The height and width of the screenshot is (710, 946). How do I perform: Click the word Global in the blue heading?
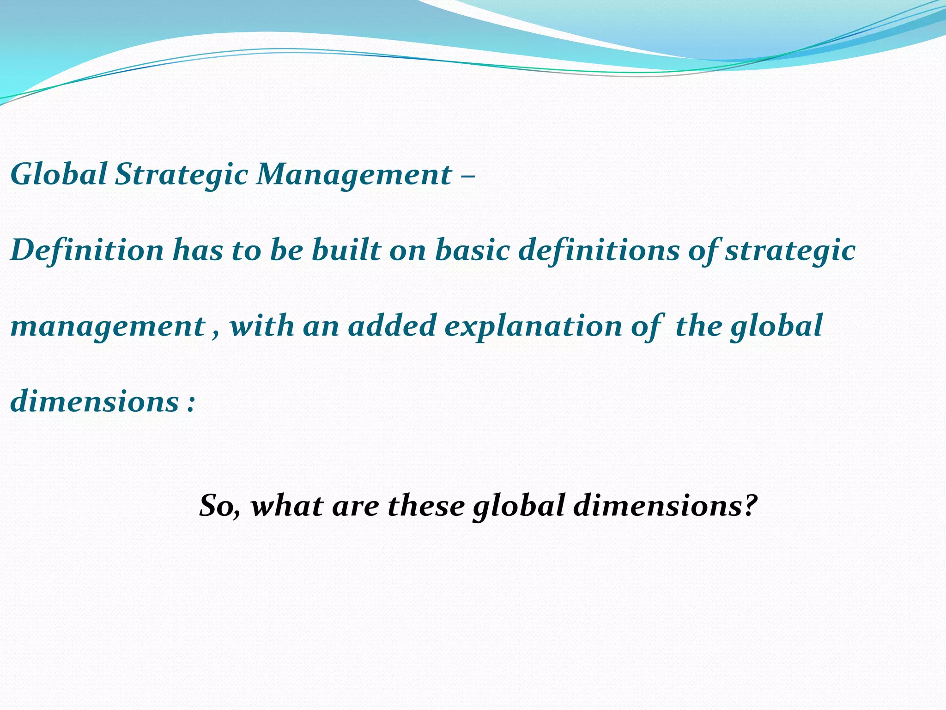(x=59, y=174)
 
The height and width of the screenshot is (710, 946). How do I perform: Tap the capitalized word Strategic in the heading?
(x=182, y=175)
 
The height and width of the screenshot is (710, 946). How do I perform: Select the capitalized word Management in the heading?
(x=354, y=175)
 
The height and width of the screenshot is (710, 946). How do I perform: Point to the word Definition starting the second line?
(x=87, y=250)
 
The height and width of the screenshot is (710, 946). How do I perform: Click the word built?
(x=346, y=250)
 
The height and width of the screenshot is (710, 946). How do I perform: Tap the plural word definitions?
(x=599, y=250)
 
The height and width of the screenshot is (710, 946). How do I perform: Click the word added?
(x=392, y=325)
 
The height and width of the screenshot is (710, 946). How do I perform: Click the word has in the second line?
(x=198, y=250)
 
